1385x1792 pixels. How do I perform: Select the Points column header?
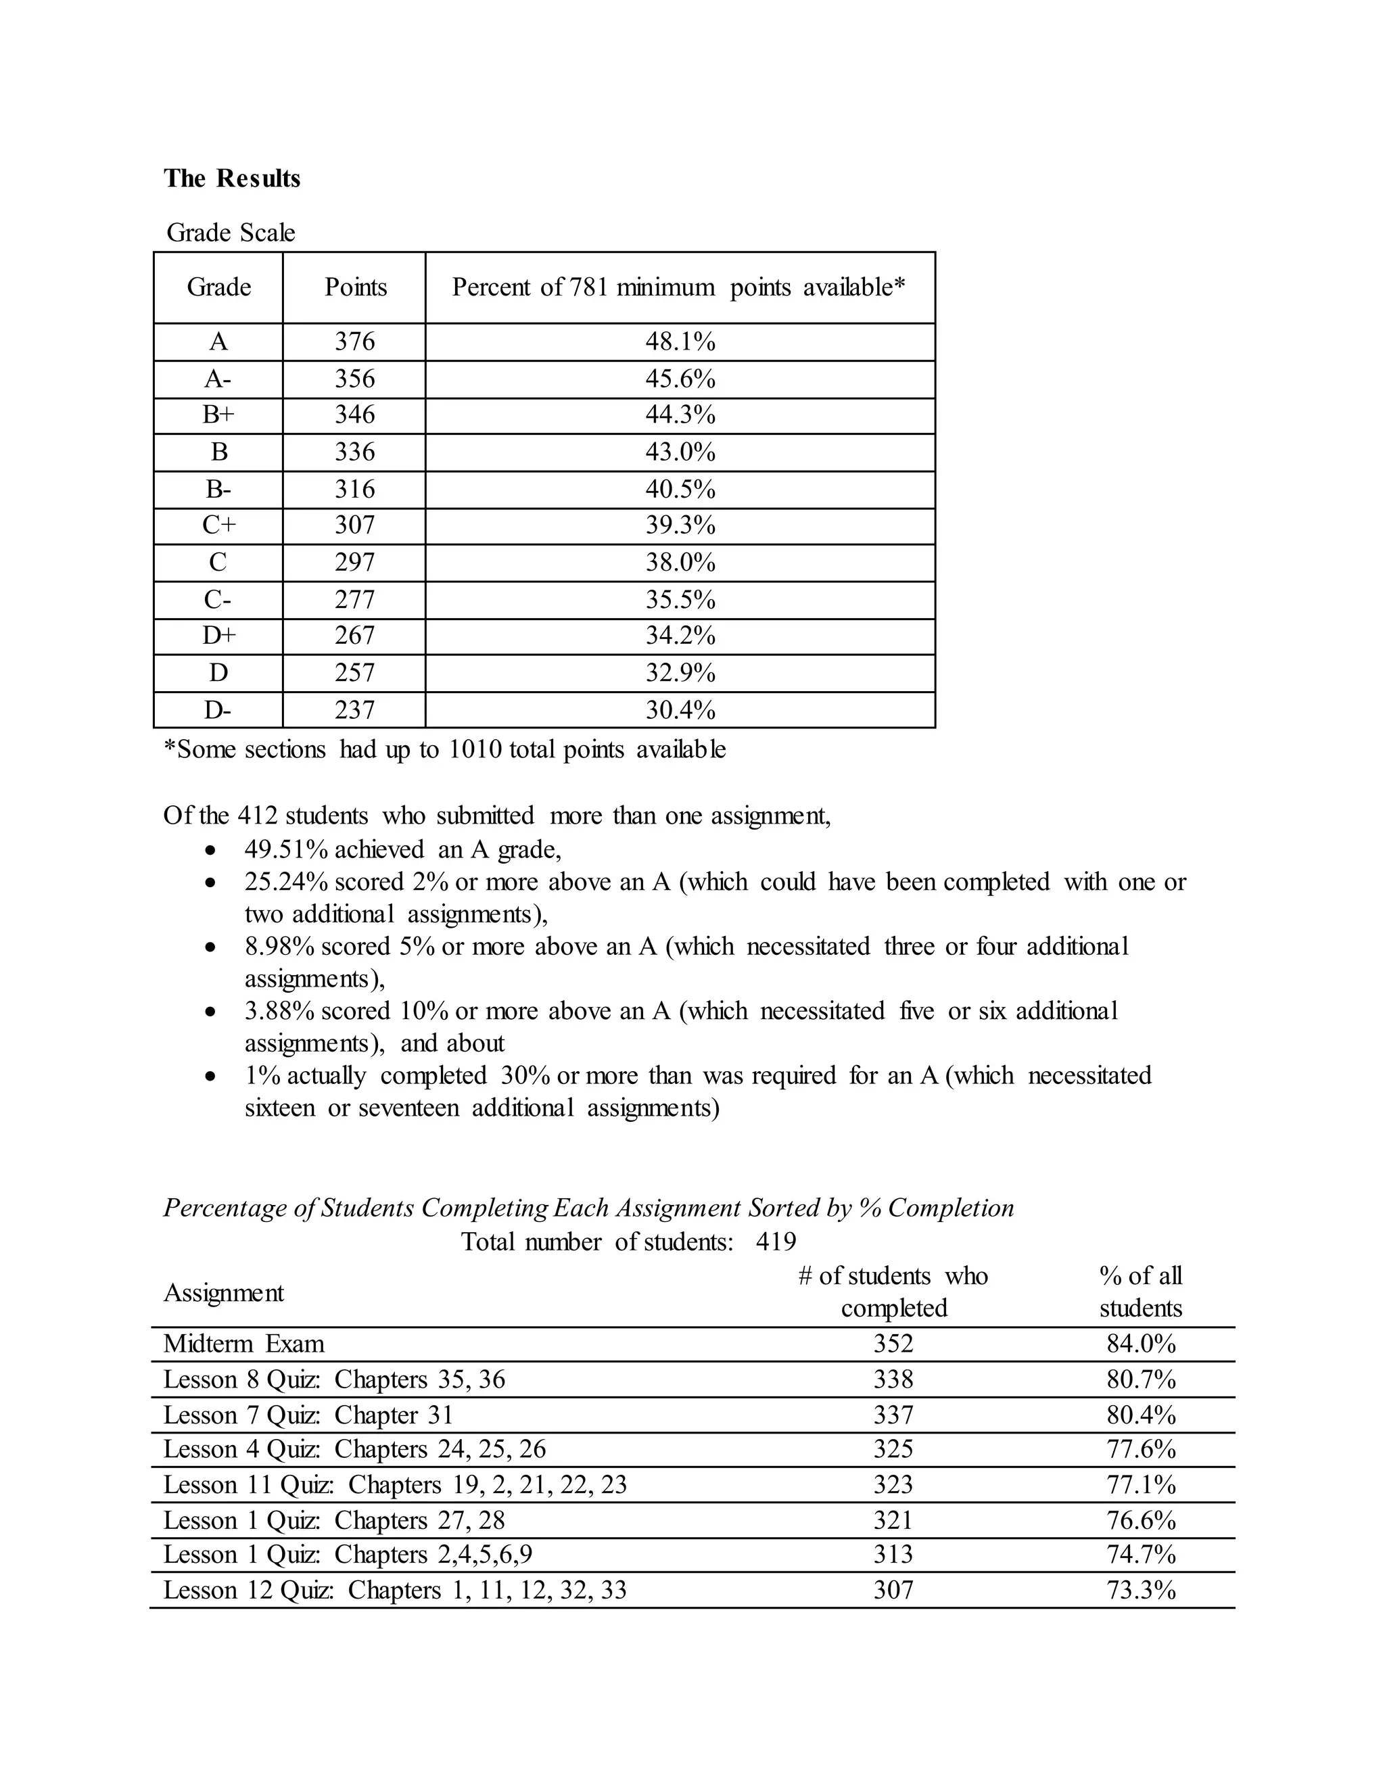tap(354, 287)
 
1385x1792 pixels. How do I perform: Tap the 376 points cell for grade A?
tap(354, 341)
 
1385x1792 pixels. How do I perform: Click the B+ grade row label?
tap(218, 415)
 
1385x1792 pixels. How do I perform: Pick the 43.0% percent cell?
tap(680, 452)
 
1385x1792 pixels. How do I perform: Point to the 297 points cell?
tap(354, 562)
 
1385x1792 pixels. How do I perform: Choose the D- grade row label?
tap(218, 710)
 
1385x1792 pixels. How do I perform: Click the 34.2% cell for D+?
tap(680, 636)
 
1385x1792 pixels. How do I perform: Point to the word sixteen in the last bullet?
tap(279, 1108)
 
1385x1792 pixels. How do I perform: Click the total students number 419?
tap(776, 1242)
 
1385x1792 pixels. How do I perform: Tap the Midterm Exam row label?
tap(243, 1344)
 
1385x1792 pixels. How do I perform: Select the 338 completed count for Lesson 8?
tap(893, 1380)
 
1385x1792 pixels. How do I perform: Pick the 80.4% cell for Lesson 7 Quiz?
tap(1140, 1415)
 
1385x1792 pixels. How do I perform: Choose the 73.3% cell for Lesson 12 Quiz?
tap(1140, 1590)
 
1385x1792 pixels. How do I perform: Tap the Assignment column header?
tap(223, 1293)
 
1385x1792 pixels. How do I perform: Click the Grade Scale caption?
tap(231, 233)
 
